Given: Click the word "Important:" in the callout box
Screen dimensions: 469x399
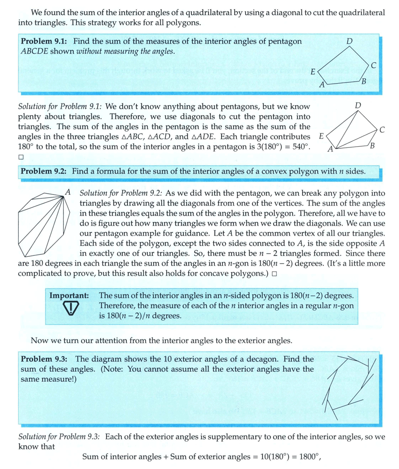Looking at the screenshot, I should tap(69, 295).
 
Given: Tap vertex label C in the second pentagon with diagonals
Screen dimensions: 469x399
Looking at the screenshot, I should tap(382, 130).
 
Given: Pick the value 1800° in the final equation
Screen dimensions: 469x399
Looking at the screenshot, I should tap(308, 457).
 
